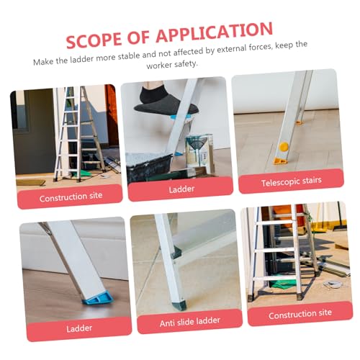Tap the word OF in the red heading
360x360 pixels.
point(139,37)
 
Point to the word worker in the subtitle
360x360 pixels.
point(158,65)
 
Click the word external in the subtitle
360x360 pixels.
point(231,49)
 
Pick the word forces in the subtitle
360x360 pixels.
point(261,47)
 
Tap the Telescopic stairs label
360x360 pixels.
point(292,181)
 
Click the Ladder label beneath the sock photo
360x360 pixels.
point(181,189)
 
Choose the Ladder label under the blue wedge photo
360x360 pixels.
point(79,328)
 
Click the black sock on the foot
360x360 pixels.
point(166,103)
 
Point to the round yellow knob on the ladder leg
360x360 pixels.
point(284,146)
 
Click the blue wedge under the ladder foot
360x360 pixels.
point(99,298)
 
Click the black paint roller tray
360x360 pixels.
point(150,166)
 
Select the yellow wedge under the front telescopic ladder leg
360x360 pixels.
point(281,161)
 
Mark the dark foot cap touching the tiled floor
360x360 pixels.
point(179,305)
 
